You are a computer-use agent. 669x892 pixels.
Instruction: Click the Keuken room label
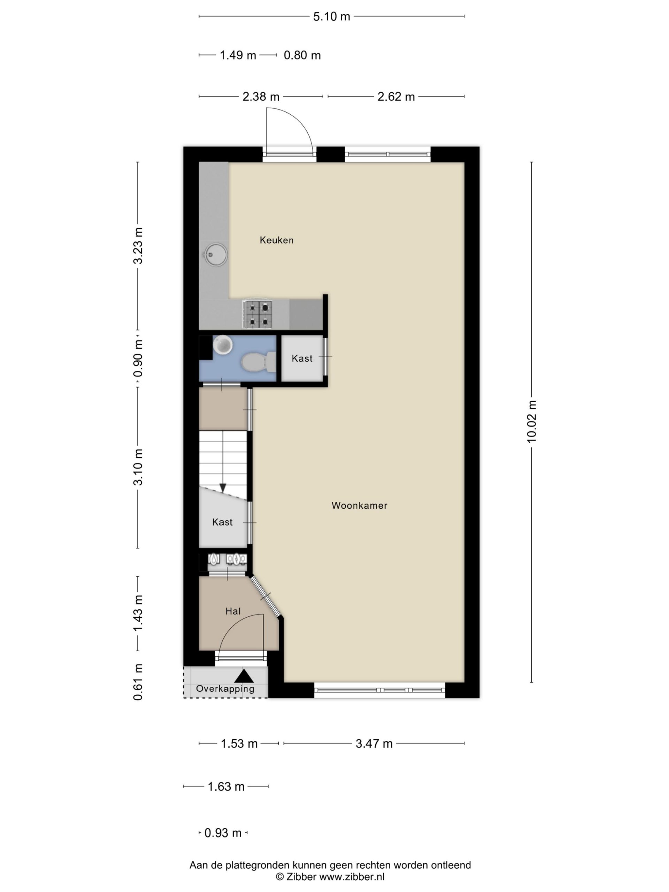pyautogui.click(x=276, y=240)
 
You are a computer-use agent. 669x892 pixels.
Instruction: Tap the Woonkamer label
pyautogui.click(x=359, y=505)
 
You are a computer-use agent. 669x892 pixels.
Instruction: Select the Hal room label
pyautogui.click(x=233, y=612)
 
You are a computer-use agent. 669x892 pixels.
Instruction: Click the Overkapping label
pyautogui.click(x=225, y=689)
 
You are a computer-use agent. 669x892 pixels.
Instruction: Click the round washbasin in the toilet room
pyautogui.click(x=223, y=345)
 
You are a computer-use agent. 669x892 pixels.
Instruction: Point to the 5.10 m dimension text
pyautogui.click(x=331, y=16)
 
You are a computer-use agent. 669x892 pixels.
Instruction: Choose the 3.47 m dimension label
pyautogui.click(x=374, y=744)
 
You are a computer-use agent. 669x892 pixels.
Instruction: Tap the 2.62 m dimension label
pyautogui.click(x=396, y=97)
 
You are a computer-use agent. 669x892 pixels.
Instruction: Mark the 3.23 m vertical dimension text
pyautogui.click(x=138, y=246)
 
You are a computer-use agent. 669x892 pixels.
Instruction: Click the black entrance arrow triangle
pyautogui.click(x=244, y=676)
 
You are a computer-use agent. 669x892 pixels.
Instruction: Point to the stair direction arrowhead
pyautogui.click(x=223, y=488)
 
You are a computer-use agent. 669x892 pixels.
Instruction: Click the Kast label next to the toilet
pyautogui.click(x=302, y=358)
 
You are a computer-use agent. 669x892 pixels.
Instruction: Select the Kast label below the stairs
pyautogui.click(x=222, y=522)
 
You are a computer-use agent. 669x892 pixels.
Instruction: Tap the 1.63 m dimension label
pyautogui.click(x=226, y=786)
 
